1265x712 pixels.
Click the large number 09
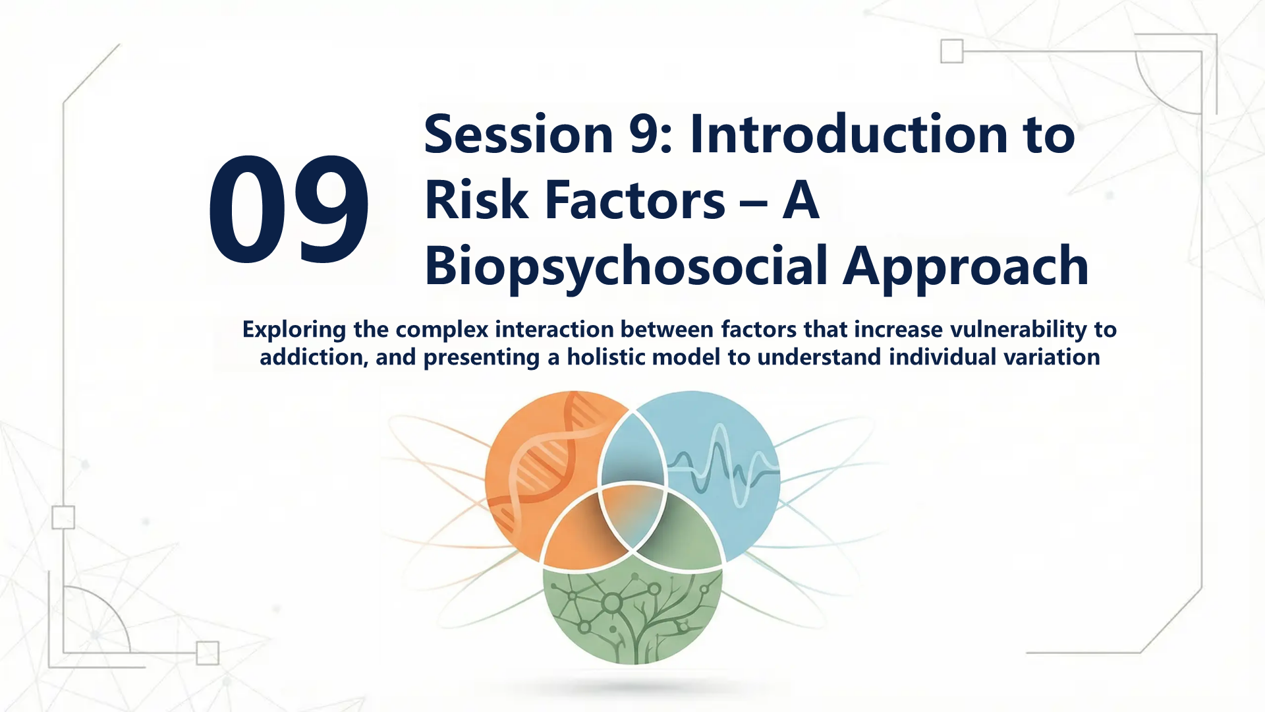click(289, 210)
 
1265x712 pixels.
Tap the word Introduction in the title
click(849, 134)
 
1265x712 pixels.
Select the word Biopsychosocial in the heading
click(626, 267)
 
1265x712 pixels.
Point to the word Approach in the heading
click(966, 267)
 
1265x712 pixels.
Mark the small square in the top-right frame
click(951, 51)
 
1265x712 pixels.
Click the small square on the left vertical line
click(63, 518)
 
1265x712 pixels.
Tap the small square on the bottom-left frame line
click(208, 653)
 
